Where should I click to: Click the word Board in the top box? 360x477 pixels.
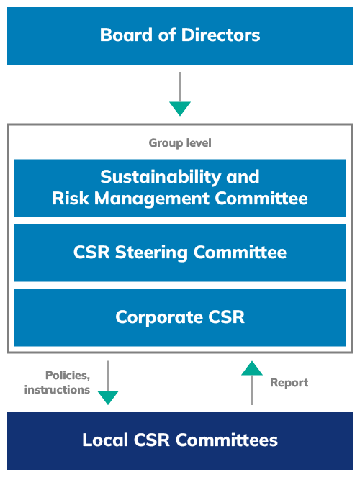click(x=126, y=35)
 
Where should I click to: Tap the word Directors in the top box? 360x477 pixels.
click(x=220, y=35)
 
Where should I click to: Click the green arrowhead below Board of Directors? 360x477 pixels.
click(x=180, y=109)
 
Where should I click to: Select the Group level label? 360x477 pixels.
click(x=180, y=143)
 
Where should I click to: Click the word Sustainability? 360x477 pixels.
click(x=161, y=177)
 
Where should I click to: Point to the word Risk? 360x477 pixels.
click(x=71, y=199)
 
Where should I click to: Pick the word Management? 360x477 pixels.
click(x=152, y=199)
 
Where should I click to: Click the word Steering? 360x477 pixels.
click(x=151, y=253)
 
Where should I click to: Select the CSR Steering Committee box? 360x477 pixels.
click(x=180, y=253)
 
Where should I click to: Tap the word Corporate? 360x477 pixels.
click(x=159, y=318)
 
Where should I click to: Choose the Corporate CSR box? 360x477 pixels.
click(x=180, y=317)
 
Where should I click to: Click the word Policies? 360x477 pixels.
click(x=68, y=376)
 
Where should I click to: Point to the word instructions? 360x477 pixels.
click(x=57, y=390)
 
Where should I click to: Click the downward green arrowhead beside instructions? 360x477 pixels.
click(x=108, y=398)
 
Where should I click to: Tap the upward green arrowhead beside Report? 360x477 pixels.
click(x=252, y=368)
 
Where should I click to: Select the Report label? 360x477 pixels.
click(x=289, y=383)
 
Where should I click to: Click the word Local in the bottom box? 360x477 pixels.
click(x=105, y=440)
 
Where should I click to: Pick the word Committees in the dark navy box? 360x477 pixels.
click(x=227, y=440)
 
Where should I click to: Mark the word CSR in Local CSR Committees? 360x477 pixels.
click(x=151, y=440)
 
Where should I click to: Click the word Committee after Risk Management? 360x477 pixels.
click(x=261, y=199)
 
